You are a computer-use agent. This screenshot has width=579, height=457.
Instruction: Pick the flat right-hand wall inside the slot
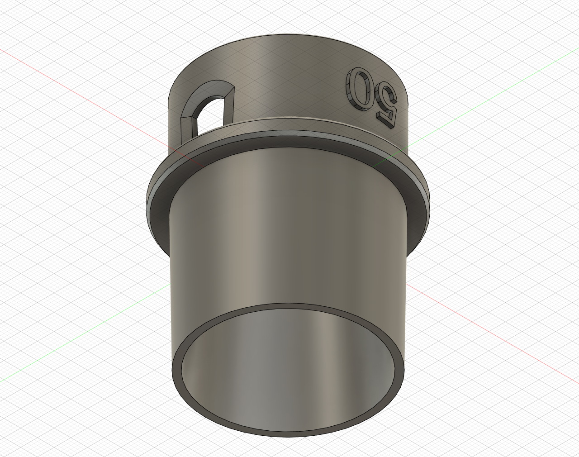tap(228, 106)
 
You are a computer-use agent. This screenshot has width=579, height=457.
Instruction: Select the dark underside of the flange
tap(289, 149)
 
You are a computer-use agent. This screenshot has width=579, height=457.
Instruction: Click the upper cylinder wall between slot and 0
tap(289, 81)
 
